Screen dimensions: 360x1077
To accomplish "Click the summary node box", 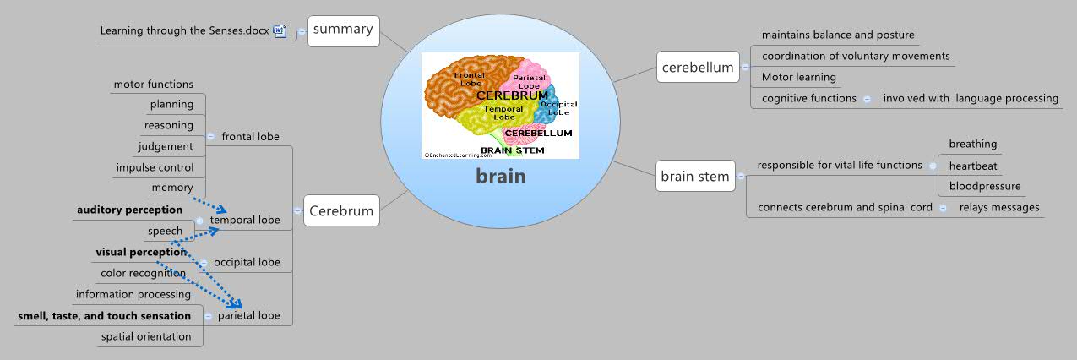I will pyautogui.click(x=342, y=30).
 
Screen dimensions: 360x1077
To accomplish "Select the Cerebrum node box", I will pyautogui.click(x=340, y=210).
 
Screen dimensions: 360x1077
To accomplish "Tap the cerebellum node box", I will pyautogui.click(x=697, y=68).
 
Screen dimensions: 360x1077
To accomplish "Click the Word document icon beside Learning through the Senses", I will pyautogui.click(x=280, y=31).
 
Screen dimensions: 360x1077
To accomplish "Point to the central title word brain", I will pyautogui.click(x=500, y=177).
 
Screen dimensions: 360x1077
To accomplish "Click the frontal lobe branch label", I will pyautogui.click(x=250, y=136).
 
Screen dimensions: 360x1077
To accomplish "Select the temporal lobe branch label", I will pyautogui.click(x=245, y=220).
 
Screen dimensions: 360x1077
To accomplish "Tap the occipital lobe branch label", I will pyautogui.click(x=247, y=262).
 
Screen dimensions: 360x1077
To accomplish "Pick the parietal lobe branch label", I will pyautogui.click(x=249, y=315).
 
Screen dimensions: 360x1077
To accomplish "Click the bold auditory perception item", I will pyautogui.click(x=129, y=210).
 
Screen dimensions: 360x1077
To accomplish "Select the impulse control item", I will pyautogui.click(x=155, y=167).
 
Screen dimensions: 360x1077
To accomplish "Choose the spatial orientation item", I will pyautogui.click(x=146, y=336).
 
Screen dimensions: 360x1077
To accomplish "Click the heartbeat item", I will pyautogui.click(x=972, y=166).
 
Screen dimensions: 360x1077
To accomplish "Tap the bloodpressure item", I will pyautogui.click(x=984, y=186).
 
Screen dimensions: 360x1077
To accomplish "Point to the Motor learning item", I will pyautogui.click(x=798, y=77).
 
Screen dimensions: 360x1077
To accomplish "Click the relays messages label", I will pyautogui.click(x=999, y=207).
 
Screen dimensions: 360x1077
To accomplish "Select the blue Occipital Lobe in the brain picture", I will pyautogui.click(x=557, y=106).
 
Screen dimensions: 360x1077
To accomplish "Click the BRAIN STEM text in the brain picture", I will pyautogui.click(x=512, y=150).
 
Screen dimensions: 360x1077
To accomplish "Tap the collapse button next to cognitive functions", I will pyautogui.click(x=867, y=99).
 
